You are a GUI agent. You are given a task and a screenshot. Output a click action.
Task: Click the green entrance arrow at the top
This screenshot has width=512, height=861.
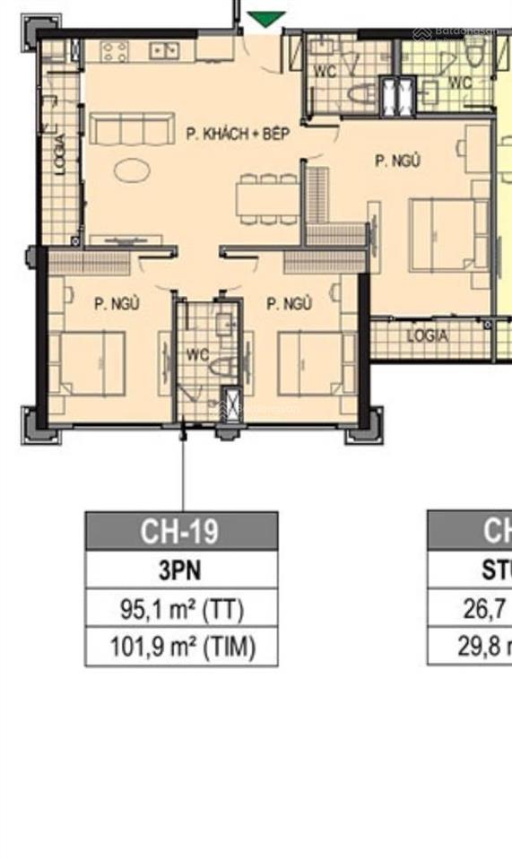pyautogui.click(x=266, y=19)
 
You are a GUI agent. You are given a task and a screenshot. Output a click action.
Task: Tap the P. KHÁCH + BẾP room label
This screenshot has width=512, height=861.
pyautogui.click(x=238, y=135)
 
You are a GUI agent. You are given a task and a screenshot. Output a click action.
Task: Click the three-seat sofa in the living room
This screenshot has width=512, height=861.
pyautogui.click(x=132, y=128)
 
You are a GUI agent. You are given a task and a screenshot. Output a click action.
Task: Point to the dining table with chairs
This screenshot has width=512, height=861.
pyautogui.click(x=266, y=198)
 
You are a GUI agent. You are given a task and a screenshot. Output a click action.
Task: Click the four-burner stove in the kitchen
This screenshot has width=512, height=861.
pyautogui.click(x=115, y=52)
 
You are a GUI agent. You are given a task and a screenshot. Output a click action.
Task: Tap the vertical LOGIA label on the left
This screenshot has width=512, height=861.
pyautogui.click(x=60, y=153)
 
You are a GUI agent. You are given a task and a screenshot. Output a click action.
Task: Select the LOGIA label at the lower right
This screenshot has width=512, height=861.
pyautogui.click(x=427, y=336)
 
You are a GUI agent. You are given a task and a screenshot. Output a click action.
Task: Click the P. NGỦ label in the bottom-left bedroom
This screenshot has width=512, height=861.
pyautogui.click(x=117, y=304)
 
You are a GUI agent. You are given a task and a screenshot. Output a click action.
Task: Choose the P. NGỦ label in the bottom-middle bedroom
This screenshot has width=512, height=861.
pyautogui.click(x=289, y=304)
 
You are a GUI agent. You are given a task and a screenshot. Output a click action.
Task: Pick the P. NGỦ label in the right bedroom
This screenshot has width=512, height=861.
pyautogui.click(x=397, y=161)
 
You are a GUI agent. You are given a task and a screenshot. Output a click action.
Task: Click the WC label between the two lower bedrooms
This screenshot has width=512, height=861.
pyautogui.click(x=197, y=354)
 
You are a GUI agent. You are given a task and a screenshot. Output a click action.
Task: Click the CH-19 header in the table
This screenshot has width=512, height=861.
pyautogui.click(x=181, y=531)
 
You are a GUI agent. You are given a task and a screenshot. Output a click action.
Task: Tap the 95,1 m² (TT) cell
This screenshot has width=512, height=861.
pyautogui.click(x=181, y=609)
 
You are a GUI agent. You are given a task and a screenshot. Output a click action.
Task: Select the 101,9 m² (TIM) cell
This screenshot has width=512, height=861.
pyautogui.click(x=181, y=647)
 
